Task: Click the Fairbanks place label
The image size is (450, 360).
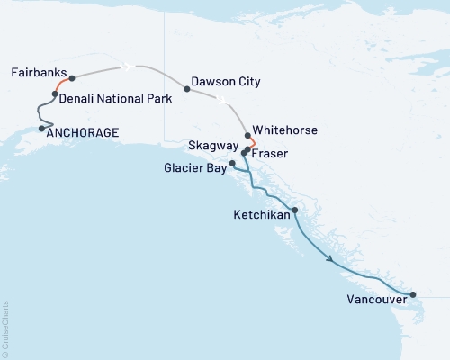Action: coord(37,72)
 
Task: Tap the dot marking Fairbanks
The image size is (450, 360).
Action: coord(71,78)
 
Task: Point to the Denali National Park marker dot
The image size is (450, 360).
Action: coord(55,94)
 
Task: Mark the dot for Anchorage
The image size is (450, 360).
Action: coord(42,128)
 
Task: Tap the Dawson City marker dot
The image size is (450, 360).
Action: coord(186,88)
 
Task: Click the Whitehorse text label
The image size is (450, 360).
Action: coord(287,130)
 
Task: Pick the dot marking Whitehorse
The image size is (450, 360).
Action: coord(247,136)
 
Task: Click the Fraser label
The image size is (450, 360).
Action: coord(271,153)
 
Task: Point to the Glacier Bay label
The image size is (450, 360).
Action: coord(195,167)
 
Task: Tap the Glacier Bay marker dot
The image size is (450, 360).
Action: coord(232,163)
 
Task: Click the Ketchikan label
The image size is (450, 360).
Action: coord(262,216)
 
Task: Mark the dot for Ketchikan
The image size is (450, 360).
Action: coord(294,210)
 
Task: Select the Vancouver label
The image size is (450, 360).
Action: coord(374,301)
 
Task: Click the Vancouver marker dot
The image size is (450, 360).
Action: coord(413,294)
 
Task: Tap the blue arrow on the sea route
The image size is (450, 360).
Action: coord(332,259)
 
